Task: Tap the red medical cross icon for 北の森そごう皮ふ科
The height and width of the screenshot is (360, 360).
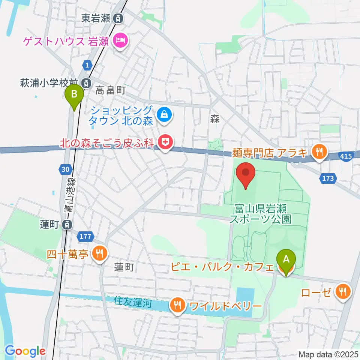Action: (x=164, y=142)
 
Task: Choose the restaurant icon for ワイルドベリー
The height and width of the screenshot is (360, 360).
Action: (x=177, y=306)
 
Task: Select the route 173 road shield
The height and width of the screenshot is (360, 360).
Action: (x=328, y=178)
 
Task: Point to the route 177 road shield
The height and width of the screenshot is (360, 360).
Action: (x=85, y=236)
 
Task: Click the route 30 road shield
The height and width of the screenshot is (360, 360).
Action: (x=65, y=169)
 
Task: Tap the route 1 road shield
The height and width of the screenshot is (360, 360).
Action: (x=87, y=65)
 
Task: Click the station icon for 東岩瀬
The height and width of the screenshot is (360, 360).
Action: (x=118, y=18)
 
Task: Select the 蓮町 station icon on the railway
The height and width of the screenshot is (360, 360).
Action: (x=67, y=225)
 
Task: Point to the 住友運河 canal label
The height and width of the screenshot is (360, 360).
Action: (x=133, y=302)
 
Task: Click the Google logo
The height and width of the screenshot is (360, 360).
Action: (x=25, y=351)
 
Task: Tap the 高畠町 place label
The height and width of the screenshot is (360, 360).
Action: (x=110, y=90)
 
